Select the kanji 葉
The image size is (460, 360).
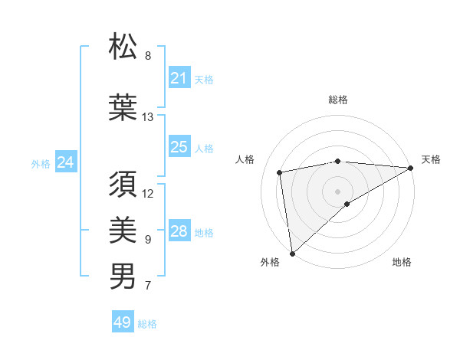[x=123, y=106]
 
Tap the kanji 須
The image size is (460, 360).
[x=123, y=185]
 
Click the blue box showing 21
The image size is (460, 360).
[x=179, y=78]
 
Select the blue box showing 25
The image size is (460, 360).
[x=179, y=148]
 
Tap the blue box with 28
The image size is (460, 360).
[x=179, y=231]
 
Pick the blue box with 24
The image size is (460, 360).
[x=66, y=162]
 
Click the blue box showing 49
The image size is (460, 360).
[x=123, y=322]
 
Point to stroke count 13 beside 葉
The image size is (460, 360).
[x=147, y=117]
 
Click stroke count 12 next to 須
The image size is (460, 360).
[x=148, y=193]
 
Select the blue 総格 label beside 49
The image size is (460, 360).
[x=147, y=324]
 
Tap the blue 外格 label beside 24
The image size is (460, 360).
[x=41, y=164]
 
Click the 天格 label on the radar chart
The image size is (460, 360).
[x=431, y=159]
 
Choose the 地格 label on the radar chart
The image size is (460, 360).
[x=402, y=262]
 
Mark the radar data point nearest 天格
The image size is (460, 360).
[x=411, y=168]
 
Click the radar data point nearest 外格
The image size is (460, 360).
[x=291, y=253]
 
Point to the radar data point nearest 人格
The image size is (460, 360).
[x=281, y=172]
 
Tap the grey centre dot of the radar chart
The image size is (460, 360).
[x=337, y=191]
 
